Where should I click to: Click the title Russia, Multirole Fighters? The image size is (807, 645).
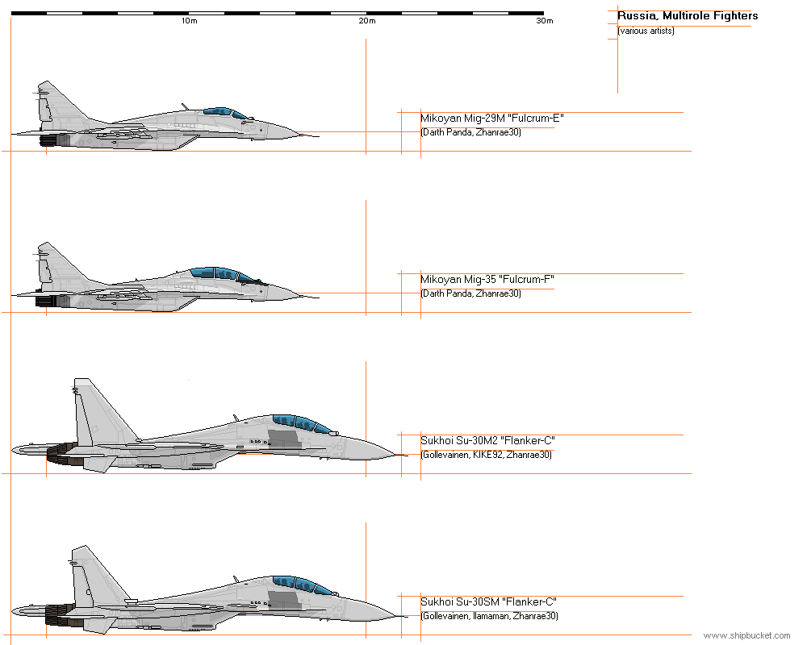click(x=688, y=16)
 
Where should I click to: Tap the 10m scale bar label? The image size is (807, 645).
click(x=189, y=21)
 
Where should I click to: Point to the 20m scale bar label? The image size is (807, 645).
click(x=367, y=21)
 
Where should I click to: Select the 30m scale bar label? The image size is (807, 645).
click(x=545, y=21)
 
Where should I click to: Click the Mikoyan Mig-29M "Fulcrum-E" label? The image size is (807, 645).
click(x=491, y=119)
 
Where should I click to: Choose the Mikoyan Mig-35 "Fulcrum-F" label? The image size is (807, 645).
click(x=487, y=280)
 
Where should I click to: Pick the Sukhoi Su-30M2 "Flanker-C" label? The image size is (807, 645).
click(x=487, y=441)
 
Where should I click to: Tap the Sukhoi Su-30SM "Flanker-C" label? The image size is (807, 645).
click(x=488, y=602)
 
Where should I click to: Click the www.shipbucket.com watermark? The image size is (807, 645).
click(x=746, y=636)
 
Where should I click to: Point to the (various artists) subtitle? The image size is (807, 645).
click(x=646, y=31)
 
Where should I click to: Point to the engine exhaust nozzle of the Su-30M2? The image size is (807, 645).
click(x=61, y=456)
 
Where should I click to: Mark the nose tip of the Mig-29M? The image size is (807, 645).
click(x=317, y=135)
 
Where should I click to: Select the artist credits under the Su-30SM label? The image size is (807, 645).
click(x=488, y=616)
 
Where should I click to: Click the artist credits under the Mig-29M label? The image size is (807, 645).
click(x=470, y=132)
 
